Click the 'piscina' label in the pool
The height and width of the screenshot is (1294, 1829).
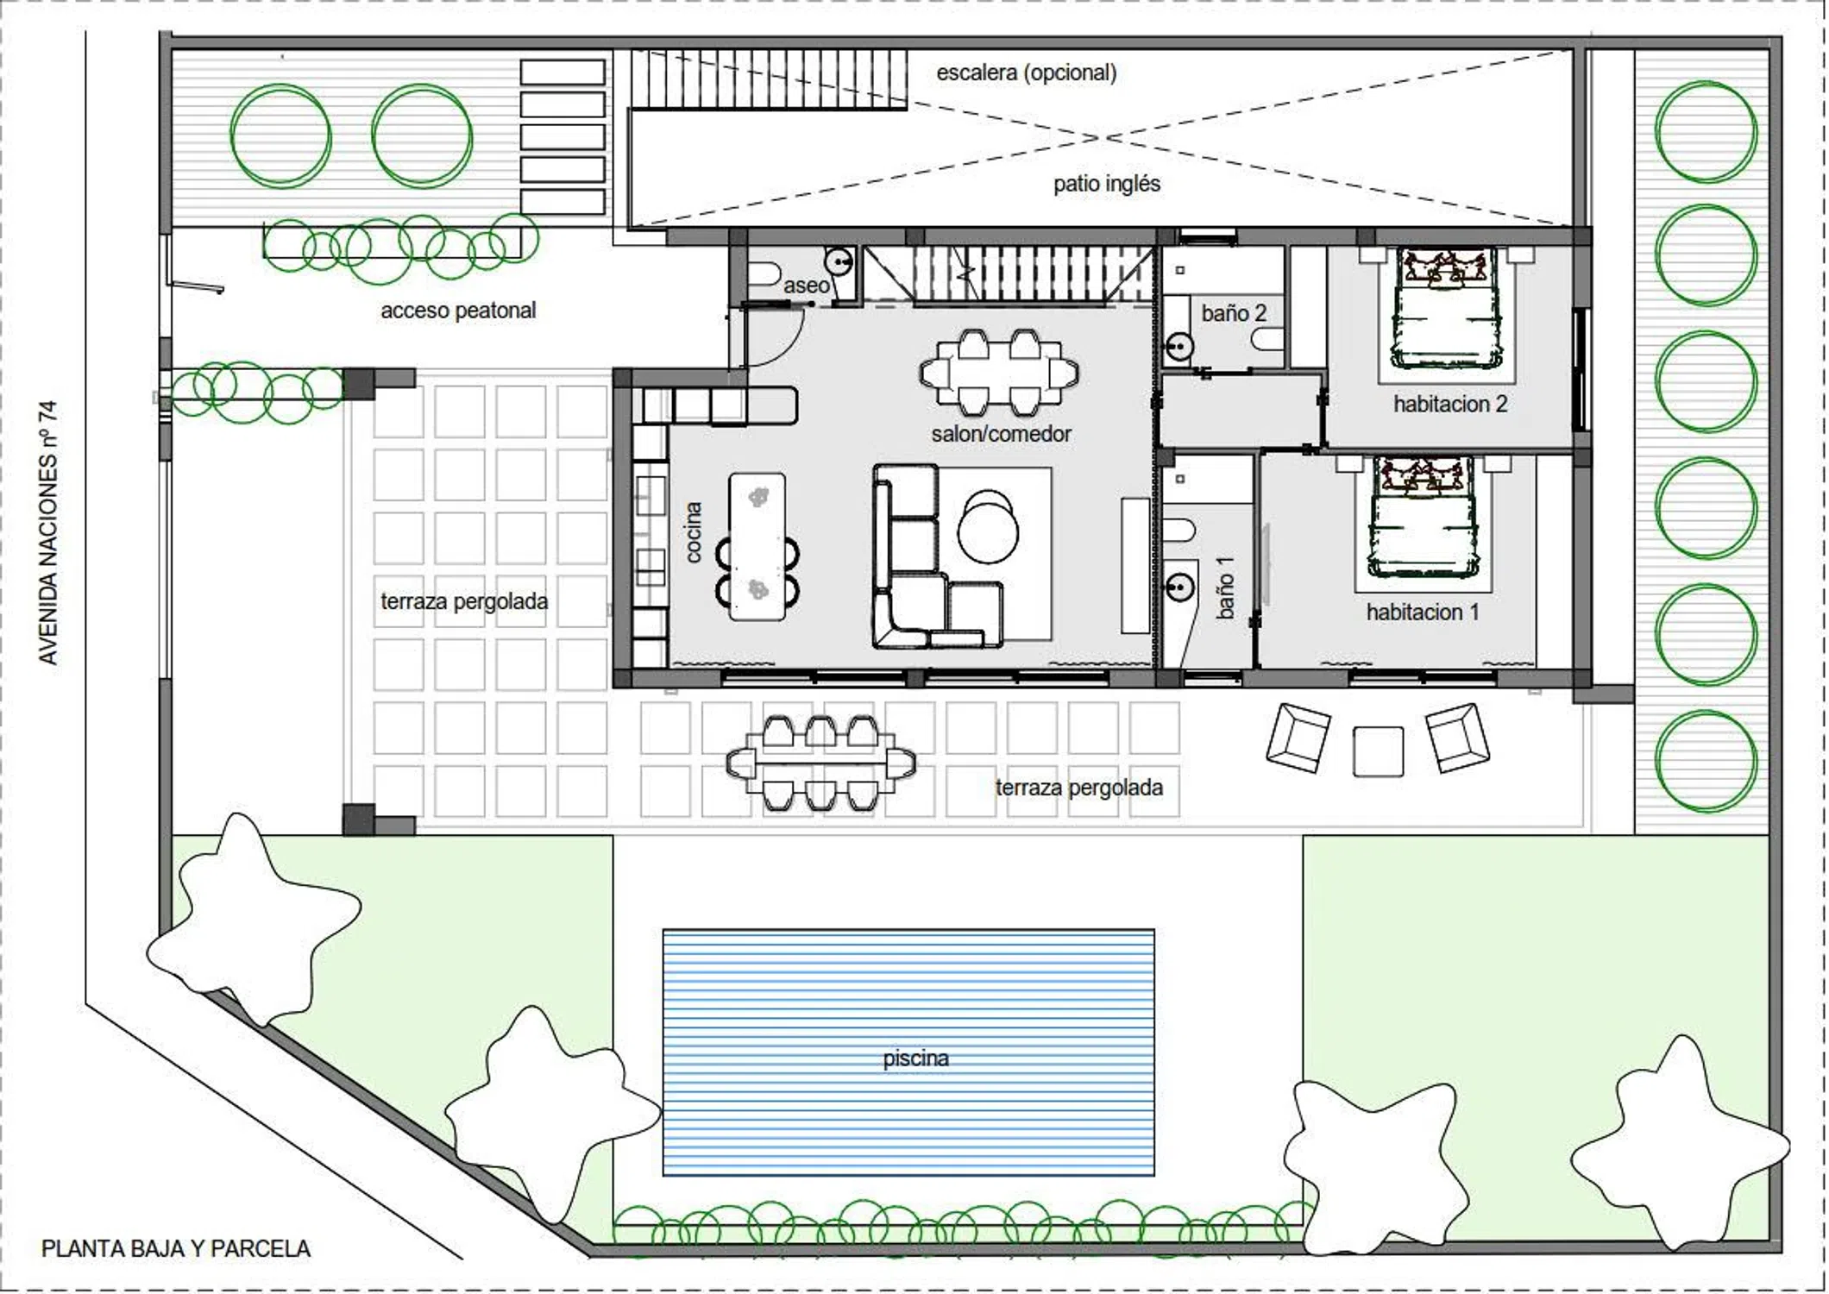click(915, 1058)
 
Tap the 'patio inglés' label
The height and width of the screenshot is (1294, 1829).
click(1107, 183)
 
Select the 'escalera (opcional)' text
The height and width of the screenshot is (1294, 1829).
click(1027, 72)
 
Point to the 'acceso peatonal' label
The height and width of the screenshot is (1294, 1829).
click(458, 310)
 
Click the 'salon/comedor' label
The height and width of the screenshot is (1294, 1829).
click(1001, 433)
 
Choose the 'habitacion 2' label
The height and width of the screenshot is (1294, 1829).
click(1450, 404)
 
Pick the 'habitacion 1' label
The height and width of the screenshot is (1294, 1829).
click(1423, 612)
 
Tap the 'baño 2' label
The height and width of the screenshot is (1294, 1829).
click(1234, 312)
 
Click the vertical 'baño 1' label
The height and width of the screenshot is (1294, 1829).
click(1225, 587)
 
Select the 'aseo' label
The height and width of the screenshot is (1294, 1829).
click(806, 285)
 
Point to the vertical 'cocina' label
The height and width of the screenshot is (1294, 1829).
click(693, 532)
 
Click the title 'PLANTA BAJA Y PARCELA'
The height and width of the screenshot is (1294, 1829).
click(176, 1248)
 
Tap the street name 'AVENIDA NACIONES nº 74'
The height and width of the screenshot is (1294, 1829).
click(48, 532)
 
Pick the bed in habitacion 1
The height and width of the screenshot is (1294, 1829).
click(1421, 518)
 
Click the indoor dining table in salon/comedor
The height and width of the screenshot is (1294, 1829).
click(999, 373)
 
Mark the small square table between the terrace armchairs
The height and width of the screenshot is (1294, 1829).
click(1378, 751)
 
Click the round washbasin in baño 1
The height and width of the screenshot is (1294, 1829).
click(1178, 587)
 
